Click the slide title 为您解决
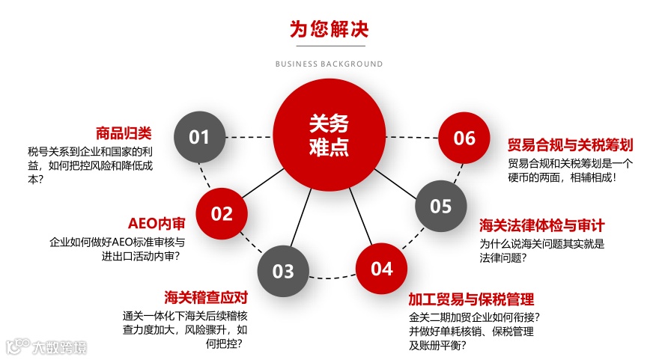click(x=330, y=30)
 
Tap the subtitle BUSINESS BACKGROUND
click(x=330, y=64)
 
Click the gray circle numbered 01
click(x=199, y=137)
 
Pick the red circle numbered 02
click(x=222, y=213)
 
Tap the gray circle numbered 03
click(x=283, y=270)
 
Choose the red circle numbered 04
click(x=381, y=269)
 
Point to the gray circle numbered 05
click(x=441, y=206)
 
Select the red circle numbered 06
click(x=464, y=138)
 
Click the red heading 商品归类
click(x=124, y=133)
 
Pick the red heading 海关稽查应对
click(x=206, y=298)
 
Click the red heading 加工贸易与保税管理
click(x=471, y=299)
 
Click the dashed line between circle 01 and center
click(x=249, y=137)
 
